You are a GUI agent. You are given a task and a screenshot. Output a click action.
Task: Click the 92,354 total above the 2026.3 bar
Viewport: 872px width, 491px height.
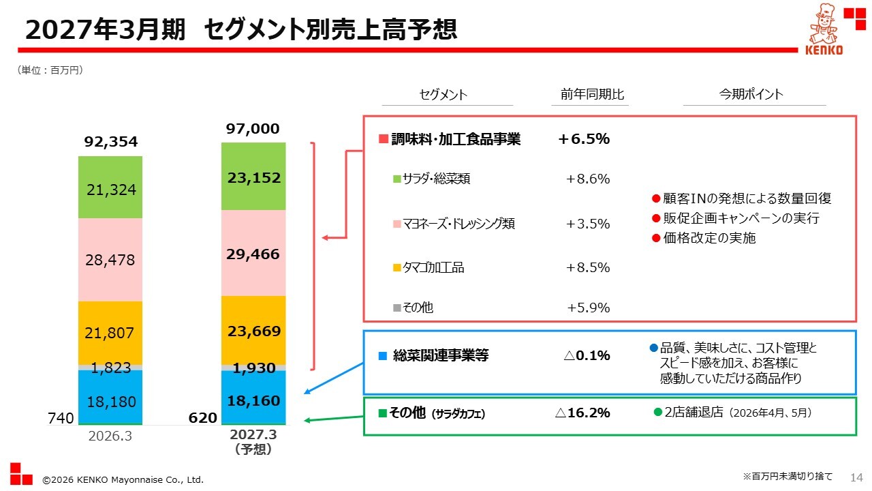111,141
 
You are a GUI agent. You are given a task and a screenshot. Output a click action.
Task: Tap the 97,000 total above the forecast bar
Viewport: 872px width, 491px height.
253,129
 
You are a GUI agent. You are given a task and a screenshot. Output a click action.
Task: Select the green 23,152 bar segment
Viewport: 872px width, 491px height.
253,176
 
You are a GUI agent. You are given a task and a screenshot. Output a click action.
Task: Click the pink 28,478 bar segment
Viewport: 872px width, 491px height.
110,260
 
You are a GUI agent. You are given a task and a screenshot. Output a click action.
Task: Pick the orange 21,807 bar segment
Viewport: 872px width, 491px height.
110,333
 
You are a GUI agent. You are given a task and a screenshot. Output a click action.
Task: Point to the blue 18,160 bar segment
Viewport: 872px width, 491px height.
253,397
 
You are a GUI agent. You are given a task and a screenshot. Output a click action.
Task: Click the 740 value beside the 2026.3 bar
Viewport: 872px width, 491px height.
61,418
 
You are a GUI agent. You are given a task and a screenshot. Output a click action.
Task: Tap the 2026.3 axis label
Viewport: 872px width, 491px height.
110,436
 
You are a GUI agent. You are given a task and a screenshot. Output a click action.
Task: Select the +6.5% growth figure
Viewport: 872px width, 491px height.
584,138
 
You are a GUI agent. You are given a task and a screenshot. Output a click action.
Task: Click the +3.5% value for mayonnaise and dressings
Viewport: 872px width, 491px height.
588,224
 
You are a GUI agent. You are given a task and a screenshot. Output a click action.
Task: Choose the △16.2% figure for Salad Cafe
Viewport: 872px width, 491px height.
582,413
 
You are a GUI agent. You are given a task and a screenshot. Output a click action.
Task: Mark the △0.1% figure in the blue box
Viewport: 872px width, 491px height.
587,355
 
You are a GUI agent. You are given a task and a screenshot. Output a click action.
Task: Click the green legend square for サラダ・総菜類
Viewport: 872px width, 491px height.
396,179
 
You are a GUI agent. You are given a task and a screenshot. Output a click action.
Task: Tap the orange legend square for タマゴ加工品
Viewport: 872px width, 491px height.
396,268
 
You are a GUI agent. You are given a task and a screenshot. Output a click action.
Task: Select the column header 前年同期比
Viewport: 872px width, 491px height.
592,94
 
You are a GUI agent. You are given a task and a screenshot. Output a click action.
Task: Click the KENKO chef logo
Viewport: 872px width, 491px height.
824,29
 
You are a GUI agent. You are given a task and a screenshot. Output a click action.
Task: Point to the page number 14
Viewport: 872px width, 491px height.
857,477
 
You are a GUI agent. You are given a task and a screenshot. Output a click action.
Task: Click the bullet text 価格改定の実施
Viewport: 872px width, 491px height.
709,238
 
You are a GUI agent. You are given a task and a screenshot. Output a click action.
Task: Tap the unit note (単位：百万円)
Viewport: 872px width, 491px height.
50,70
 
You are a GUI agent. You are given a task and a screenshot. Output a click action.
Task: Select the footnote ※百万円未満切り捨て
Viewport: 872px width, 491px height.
788,476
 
